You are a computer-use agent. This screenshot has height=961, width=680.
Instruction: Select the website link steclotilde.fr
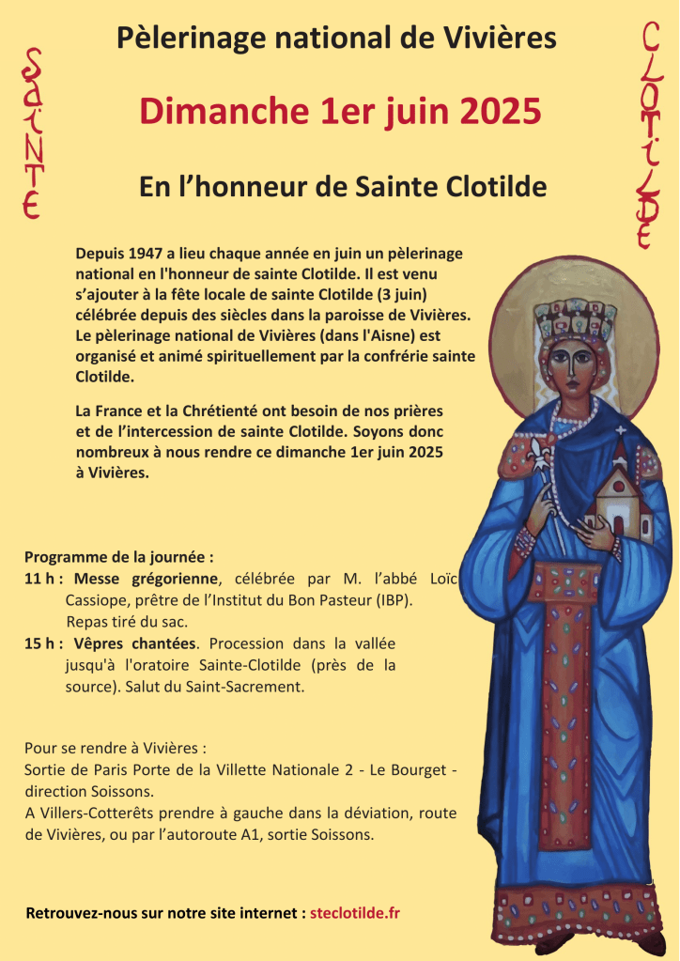[355, 912]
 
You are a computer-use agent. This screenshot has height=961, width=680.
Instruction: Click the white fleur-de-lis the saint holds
[539, 454]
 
